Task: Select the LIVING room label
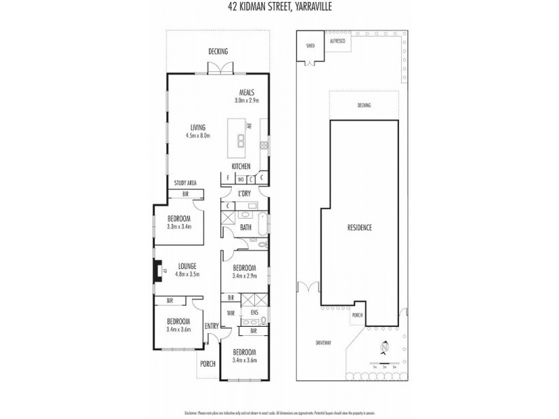click(198, 127)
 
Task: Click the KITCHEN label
click(241, 166)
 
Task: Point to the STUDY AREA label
click(185, 183)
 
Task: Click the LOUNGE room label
click(186, 265)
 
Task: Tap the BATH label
click(246, 228)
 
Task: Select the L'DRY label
click(245, 193)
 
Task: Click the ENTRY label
click(212, 326)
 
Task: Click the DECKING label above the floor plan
click(219, 52)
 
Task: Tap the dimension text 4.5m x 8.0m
click(198, 135)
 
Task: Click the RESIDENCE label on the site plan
click(359, 228)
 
